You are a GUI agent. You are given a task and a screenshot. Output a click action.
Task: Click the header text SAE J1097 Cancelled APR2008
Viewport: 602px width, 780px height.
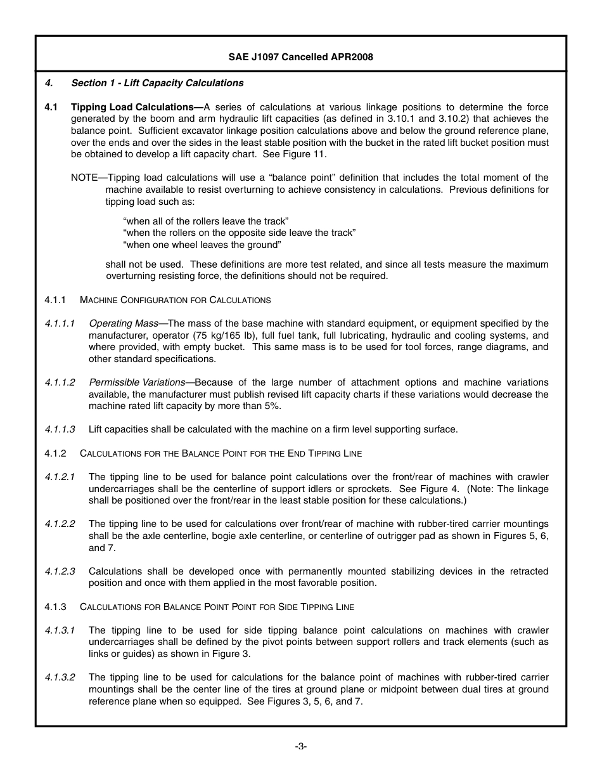click(x=300, y=57)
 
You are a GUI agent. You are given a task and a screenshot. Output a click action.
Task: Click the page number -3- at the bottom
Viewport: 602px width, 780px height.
click(x=300, y=746)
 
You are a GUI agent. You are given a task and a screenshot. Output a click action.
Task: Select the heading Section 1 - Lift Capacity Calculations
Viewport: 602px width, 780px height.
click(x=157, y=83)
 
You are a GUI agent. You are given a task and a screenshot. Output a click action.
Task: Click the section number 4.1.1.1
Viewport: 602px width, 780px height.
click(x=60, y=323)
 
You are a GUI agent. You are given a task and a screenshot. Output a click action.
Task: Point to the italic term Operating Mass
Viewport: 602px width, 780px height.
click(x=124, y=323)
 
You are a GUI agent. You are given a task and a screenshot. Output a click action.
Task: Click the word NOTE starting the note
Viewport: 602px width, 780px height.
click(x=84, y=178)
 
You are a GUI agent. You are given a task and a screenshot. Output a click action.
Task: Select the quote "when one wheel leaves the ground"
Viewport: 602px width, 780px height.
click(x=202, y=245)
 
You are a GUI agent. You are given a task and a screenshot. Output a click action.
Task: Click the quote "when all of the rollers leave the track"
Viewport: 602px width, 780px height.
click(x=206, y=221)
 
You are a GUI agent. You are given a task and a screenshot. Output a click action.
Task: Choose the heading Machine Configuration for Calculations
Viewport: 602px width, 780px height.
click(x=175, y=300)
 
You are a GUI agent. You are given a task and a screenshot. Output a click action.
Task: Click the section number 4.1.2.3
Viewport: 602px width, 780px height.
click(x=60, y=571)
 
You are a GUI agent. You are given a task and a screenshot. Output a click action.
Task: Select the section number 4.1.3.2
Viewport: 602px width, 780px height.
click(x=60, y=677)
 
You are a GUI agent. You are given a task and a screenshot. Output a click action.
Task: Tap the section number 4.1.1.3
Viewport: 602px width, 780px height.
click(x=60, y=429)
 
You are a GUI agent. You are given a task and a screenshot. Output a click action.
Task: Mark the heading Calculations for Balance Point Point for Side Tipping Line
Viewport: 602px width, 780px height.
click(x=217, y=607)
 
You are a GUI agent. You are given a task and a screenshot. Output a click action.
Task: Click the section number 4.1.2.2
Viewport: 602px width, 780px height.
click(x=60, y=524)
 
